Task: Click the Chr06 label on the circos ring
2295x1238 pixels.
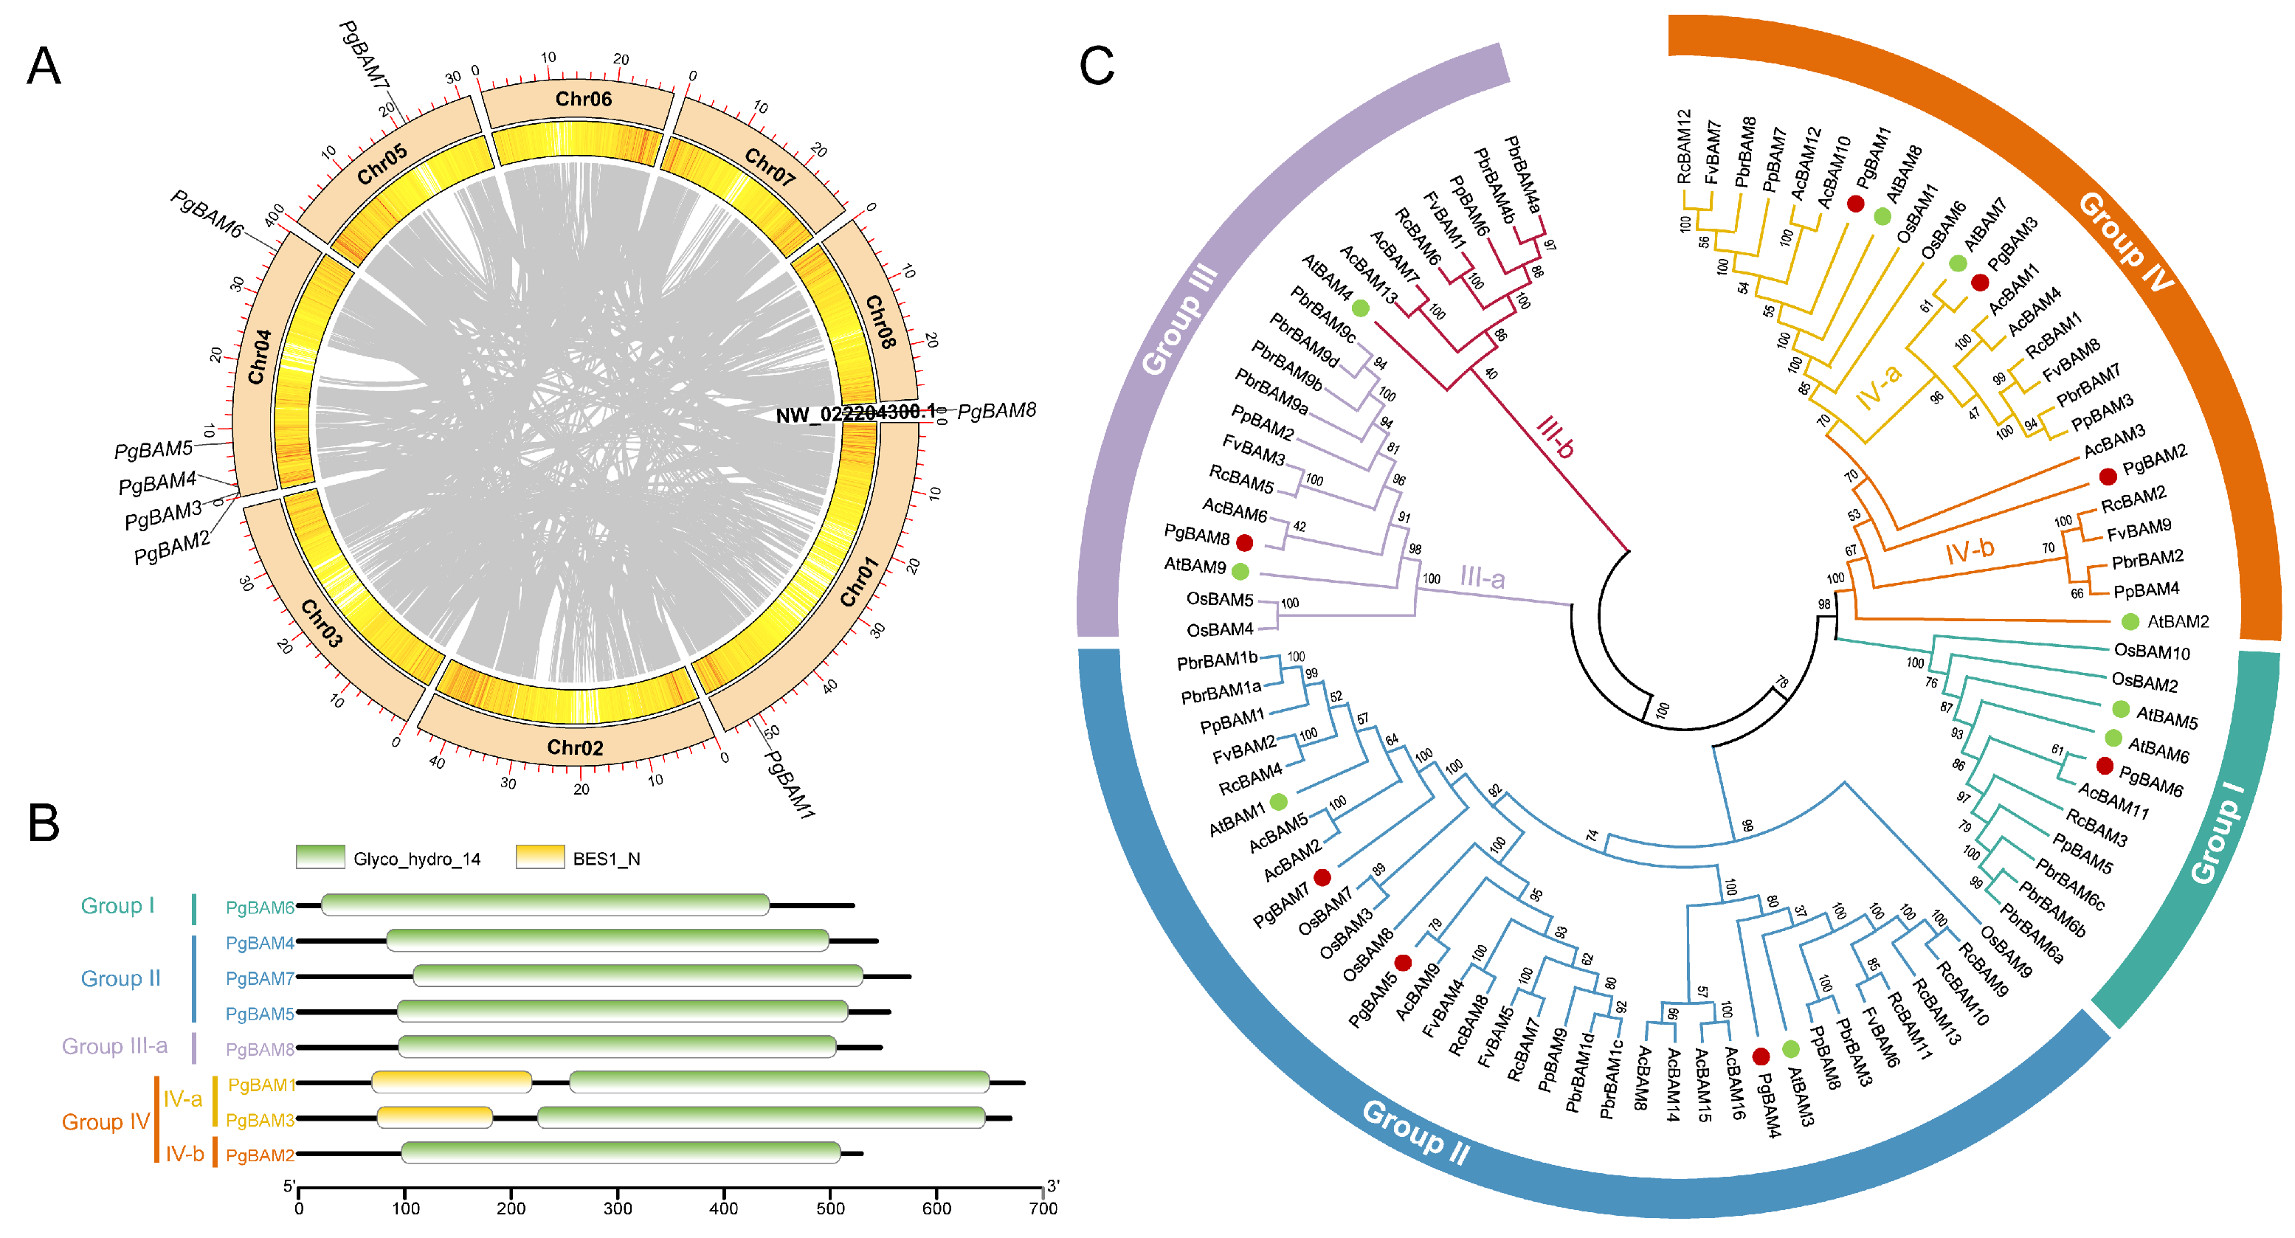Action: click(x=584, y=99)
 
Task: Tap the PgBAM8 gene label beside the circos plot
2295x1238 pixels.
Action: click(x=997, y=411)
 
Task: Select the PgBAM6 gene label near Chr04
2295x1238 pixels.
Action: click(x=207, y=215)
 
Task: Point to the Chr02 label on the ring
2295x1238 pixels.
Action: click(x=575, y=747)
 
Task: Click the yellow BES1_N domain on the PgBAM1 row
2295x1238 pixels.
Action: click(x=452, y=1082)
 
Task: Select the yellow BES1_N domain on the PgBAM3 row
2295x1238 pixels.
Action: click(x=435, y=1117)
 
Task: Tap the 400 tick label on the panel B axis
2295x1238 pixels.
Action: click(x=723, y=1208)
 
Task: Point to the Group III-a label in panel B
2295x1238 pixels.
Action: click(x=115, y=1045)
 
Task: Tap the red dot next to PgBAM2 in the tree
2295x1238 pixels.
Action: click(x=2107, y=477)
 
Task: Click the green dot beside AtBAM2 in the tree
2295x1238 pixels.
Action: click(x=2129, y=620)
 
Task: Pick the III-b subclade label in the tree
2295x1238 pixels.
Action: click(x=1556, y=438)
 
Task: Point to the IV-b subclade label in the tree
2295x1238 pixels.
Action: click(x=1970, y=551)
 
